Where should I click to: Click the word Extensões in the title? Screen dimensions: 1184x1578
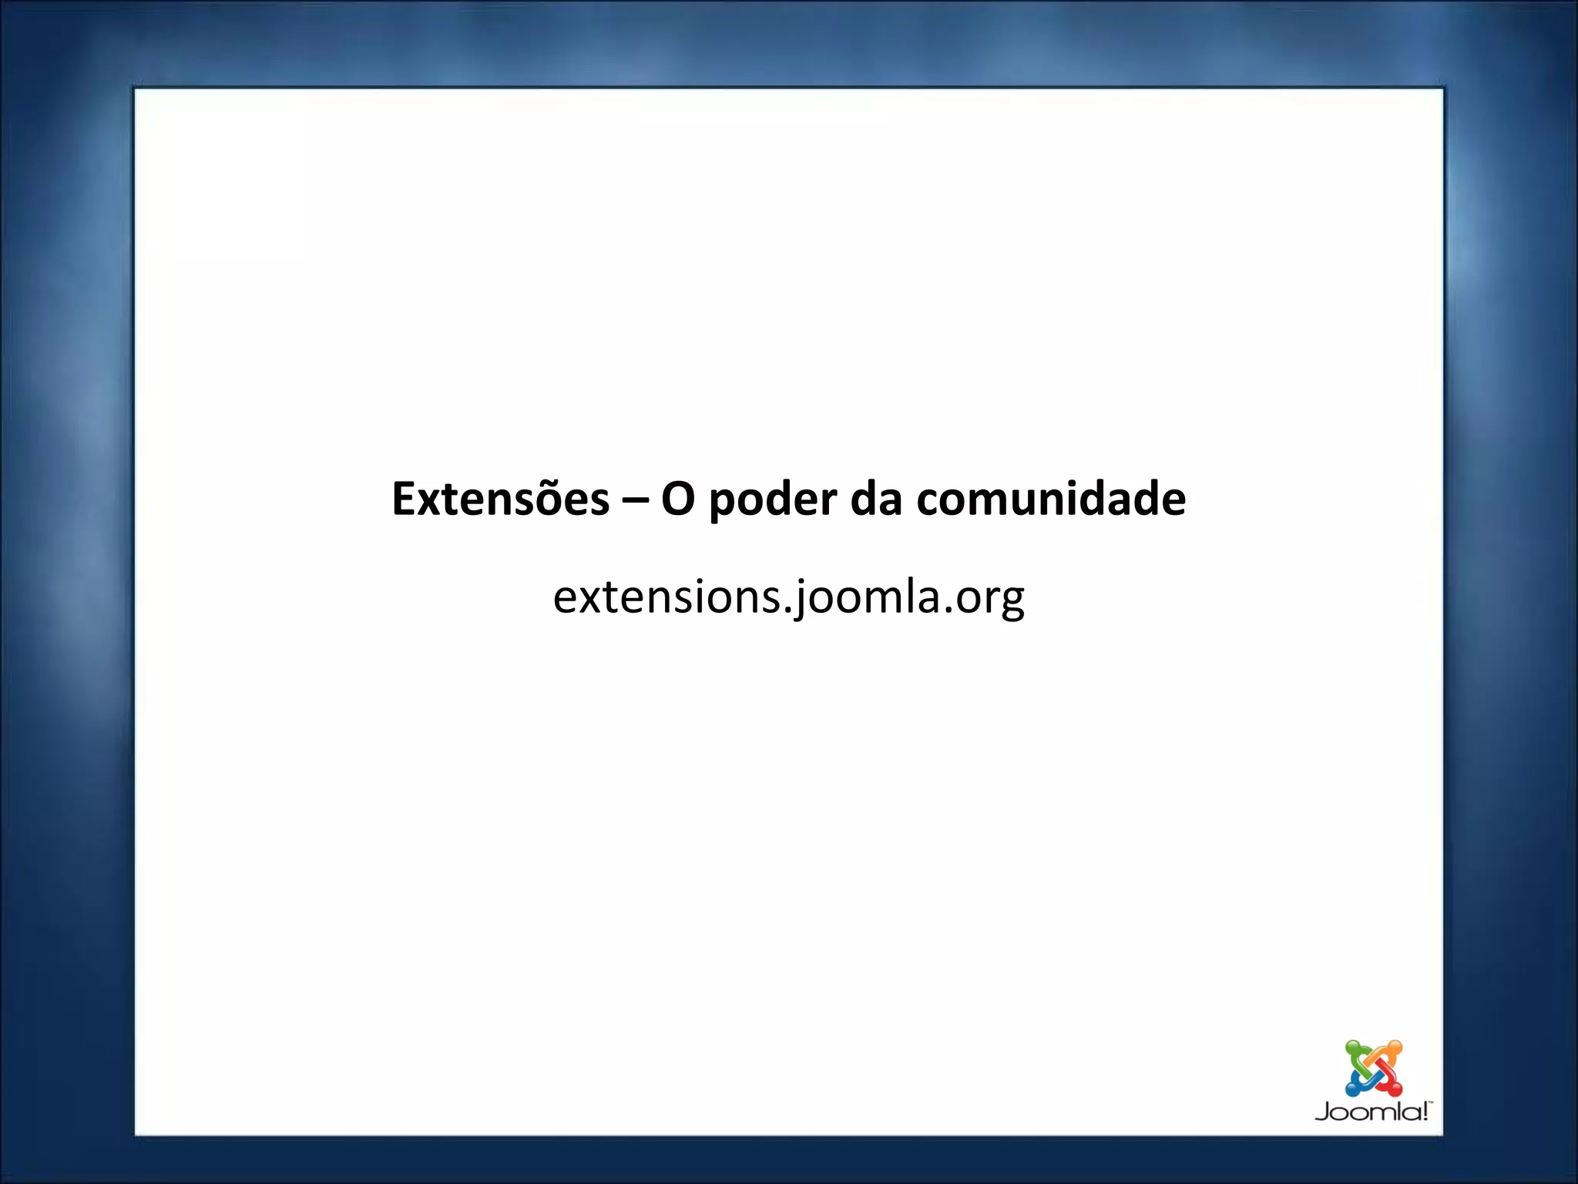[x=500, y=499]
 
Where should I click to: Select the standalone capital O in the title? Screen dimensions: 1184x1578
[x=678, y=499]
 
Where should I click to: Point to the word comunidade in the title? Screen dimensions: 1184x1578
[x=1051, y=499]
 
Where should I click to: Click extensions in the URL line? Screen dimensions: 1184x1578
[x=666, y=597]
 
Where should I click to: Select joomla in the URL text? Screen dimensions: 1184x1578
[x=867, y=597]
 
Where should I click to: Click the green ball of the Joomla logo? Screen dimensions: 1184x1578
[x=1352, y=1048]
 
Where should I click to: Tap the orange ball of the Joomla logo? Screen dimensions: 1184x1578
[x=1395, y=1048]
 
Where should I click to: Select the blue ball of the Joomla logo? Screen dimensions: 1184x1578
[x=1352, y=1089]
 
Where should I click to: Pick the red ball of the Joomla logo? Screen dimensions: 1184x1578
[x=1395, y=1089]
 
